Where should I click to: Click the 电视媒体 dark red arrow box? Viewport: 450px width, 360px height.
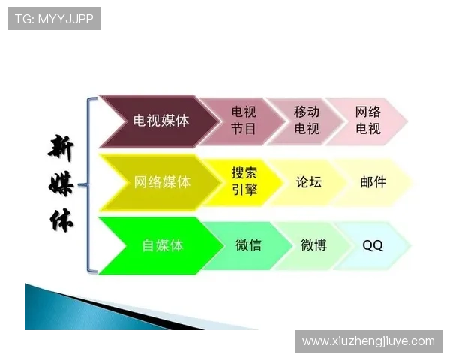pyautogui.click(x=160, y=120)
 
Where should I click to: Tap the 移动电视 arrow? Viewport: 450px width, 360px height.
pyautogui.click(x=306, y=120)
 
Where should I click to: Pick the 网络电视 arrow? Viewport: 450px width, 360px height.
pyautogui.click(x=367, y=120)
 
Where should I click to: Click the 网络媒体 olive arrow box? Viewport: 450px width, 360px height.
pyautogui.click(x=161, y=181)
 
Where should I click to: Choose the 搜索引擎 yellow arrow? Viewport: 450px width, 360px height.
pyautogui.click(x=244, y=181)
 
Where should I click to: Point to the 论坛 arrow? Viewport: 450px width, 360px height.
pyautogui.click(x=308, y=181)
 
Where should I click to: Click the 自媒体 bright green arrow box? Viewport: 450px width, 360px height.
pyautogui.click(x=162, y=244)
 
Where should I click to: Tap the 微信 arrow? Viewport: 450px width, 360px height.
pyautogui.click(x=247, y=244)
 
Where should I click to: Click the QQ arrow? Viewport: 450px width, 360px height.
pyautogui.click(x=372, y=244)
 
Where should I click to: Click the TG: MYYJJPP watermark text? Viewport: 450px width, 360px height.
pyautogui.click(x=53, y=19)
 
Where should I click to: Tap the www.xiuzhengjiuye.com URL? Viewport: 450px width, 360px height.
pyautogui.click(x=368, y=341)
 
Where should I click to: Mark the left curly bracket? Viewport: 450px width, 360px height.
pyautogui.click(x=91, y=184)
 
